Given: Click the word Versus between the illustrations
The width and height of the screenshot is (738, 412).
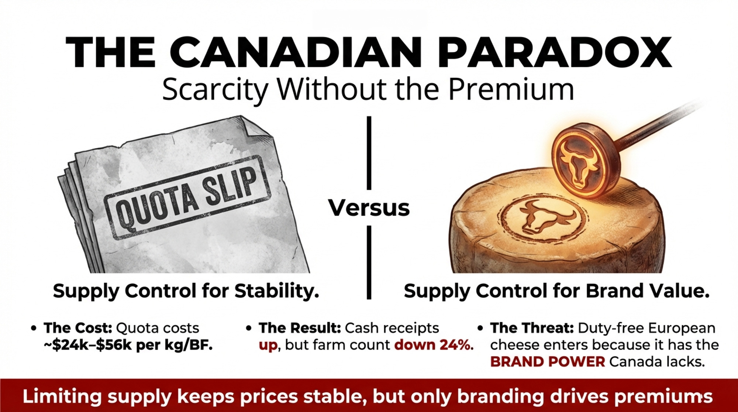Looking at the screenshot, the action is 369,208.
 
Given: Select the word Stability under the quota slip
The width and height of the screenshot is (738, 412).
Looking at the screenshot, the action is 277,291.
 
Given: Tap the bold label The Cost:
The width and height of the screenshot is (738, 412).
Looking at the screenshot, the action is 77,328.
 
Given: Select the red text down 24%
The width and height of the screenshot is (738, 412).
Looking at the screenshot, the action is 434,345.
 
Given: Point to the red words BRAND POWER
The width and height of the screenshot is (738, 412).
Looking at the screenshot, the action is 548,362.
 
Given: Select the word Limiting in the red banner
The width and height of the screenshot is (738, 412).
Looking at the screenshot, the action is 62,396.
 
